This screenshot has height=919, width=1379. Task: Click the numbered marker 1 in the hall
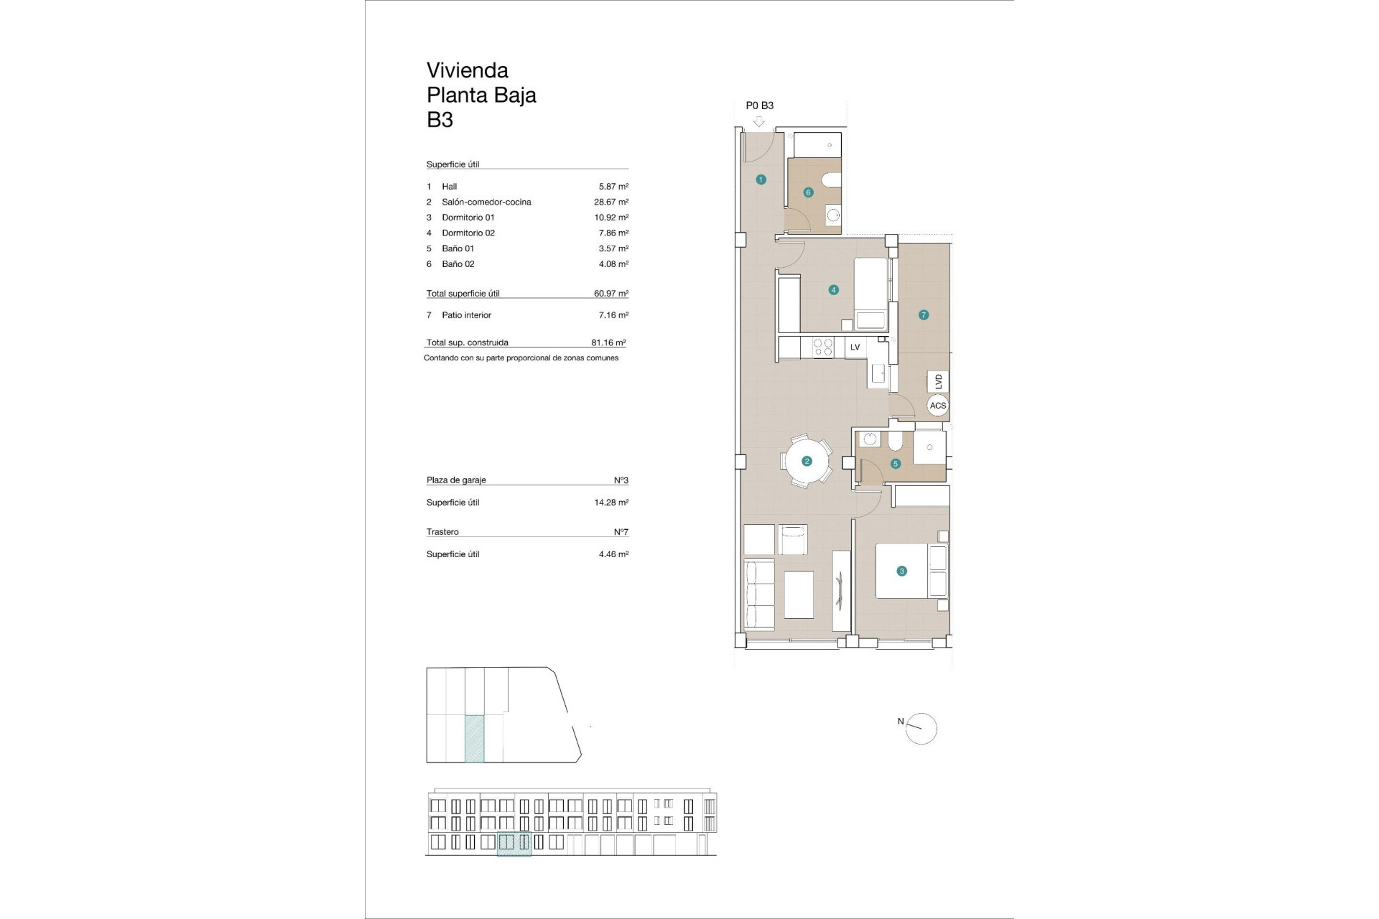(761, 179)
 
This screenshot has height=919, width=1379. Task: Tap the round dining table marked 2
(807, 462)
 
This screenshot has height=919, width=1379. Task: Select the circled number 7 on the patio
(924, 314)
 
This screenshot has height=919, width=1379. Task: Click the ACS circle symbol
(938, 406)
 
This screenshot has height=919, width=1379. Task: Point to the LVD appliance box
(937, 381)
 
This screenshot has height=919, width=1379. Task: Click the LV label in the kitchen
(855, 347)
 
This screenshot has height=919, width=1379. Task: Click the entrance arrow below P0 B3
(758, 122)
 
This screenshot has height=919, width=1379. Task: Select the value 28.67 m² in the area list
(610, 202)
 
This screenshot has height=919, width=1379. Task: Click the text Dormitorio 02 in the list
(468, 233)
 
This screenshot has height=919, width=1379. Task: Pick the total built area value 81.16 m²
(608, 343)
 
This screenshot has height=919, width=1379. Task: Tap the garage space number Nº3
(621, 480)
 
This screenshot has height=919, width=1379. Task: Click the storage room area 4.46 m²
(613, 554)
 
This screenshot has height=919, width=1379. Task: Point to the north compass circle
(922, 729)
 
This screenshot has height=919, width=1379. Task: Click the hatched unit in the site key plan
(474, 738)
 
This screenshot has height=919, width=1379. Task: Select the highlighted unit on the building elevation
(514, 843)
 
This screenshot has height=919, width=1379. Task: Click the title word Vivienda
(467, 70)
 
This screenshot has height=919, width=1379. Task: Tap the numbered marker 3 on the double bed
(901, 572)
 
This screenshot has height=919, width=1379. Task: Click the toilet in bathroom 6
(832, 179)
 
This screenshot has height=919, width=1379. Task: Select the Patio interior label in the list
(466, 315)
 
